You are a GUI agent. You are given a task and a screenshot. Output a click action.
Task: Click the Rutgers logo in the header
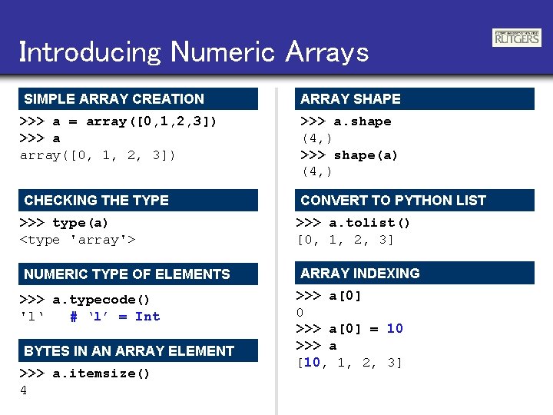(x=516, y=38)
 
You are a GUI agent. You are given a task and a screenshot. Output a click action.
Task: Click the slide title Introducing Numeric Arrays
(x=194, y=52)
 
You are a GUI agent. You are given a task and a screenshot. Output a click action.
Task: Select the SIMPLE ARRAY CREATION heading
(x=114, y=99)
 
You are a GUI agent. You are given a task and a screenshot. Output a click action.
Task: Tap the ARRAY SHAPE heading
(x=351, y=99)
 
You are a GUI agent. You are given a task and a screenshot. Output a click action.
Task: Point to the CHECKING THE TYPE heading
(x=97, y=201)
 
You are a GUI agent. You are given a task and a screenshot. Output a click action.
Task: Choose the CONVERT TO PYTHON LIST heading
(x=393, y=201)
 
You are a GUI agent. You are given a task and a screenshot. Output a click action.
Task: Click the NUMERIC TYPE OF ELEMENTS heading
(x=127, y=274)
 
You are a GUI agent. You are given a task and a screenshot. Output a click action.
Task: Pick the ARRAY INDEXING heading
(x=360, y=274)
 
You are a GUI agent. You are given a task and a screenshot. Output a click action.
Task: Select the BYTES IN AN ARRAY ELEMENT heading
(x=129, y=351)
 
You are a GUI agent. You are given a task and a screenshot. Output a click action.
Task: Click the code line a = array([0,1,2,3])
(x=118, y=121)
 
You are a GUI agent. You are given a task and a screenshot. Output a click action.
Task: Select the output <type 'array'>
(x=78, y=240)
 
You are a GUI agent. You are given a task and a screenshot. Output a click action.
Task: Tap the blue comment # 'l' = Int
(x=114, y=317)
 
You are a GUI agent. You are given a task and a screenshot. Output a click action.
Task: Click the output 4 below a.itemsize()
(x=24, y=390)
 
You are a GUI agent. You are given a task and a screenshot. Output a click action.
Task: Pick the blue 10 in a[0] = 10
(x=395, y=329)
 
